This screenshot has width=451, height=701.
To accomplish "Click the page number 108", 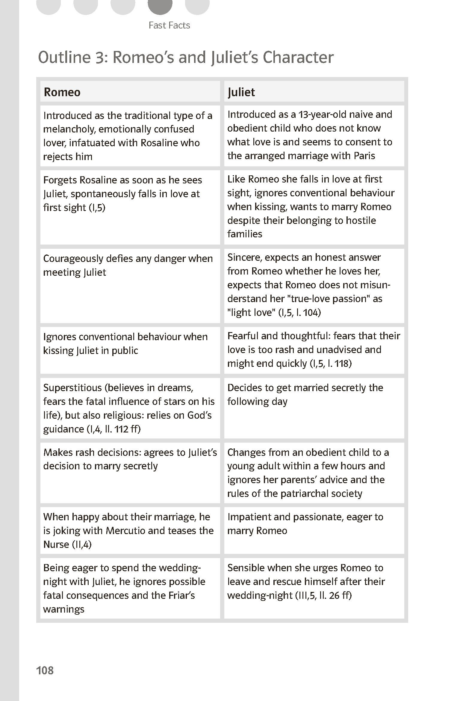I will coord(45,670).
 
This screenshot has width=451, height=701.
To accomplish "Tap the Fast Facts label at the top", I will coord(169,25).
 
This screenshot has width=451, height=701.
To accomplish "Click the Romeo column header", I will coord(62,92).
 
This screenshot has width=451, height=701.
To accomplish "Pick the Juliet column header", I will coord(241,92).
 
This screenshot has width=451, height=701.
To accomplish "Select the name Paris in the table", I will coord(364,156).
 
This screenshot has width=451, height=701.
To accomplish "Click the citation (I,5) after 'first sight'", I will coord(97,208).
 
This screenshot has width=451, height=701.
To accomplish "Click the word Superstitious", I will coord(72,388).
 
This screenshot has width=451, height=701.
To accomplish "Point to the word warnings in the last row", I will coord(64,609).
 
